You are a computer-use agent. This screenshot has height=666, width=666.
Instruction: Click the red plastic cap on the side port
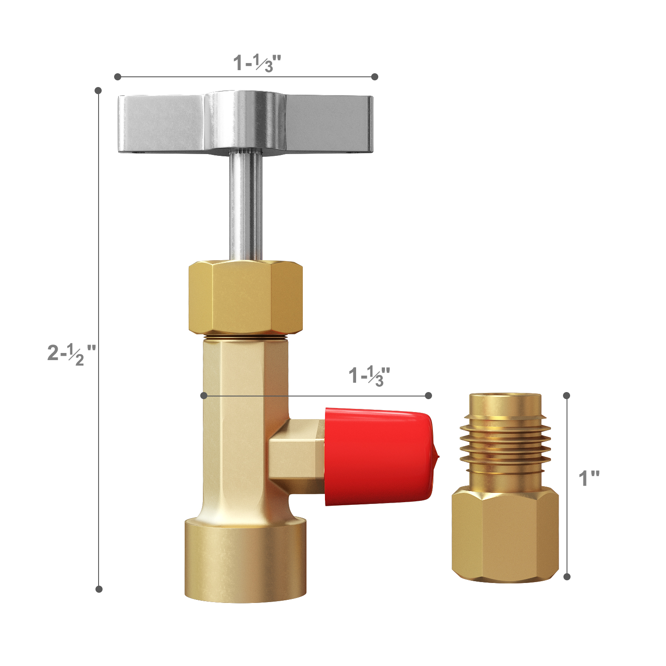tap(377, 457)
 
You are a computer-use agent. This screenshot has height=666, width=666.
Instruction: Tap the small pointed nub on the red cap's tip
tap(436, 456)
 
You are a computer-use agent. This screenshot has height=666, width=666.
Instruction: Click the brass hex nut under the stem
tap(246, 297)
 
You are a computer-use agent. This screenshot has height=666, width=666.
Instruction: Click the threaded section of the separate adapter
tap(505, 444)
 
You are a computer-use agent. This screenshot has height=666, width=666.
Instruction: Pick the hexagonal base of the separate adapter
tap(505, 535)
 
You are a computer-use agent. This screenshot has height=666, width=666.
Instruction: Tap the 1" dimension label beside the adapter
tap(589, 479)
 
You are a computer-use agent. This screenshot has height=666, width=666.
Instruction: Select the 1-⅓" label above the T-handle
tap(258, 63)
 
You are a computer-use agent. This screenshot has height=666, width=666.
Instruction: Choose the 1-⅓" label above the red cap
tap(369, 376)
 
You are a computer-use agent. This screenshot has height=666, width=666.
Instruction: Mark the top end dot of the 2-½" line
tap(99, 91)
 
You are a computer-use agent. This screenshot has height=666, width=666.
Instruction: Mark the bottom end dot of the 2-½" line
tap(99, 589)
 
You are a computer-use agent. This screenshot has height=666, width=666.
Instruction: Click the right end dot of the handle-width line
tap(375, 77)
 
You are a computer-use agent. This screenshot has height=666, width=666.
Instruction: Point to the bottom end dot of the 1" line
tap(567, 577)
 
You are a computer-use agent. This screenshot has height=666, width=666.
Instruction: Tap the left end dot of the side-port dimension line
tap(204, 395)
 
